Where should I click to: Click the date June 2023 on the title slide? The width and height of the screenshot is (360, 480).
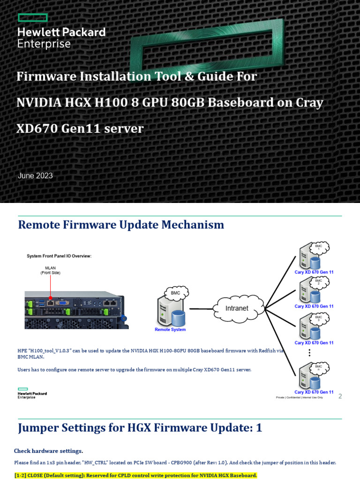35,176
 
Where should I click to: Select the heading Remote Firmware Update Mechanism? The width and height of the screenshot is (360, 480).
121,225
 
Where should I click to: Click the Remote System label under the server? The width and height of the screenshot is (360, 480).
170,330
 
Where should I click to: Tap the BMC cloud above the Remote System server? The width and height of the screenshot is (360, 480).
175,293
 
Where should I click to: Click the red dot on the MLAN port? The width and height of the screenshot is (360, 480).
50,298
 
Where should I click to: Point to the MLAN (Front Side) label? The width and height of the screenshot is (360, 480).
50,270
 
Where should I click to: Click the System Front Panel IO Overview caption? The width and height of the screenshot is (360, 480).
59,256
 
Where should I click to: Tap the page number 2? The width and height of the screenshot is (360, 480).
340,396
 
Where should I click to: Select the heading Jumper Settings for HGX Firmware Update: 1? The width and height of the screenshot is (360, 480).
140,427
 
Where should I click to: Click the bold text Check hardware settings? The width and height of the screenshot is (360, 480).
48,451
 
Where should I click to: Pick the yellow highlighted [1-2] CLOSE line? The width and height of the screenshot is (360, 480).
136,475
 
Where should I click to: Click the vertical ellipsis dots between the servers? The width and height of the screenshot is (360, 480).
309,353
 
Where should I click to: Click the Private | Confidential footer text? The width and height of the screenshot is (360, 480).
299,397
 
